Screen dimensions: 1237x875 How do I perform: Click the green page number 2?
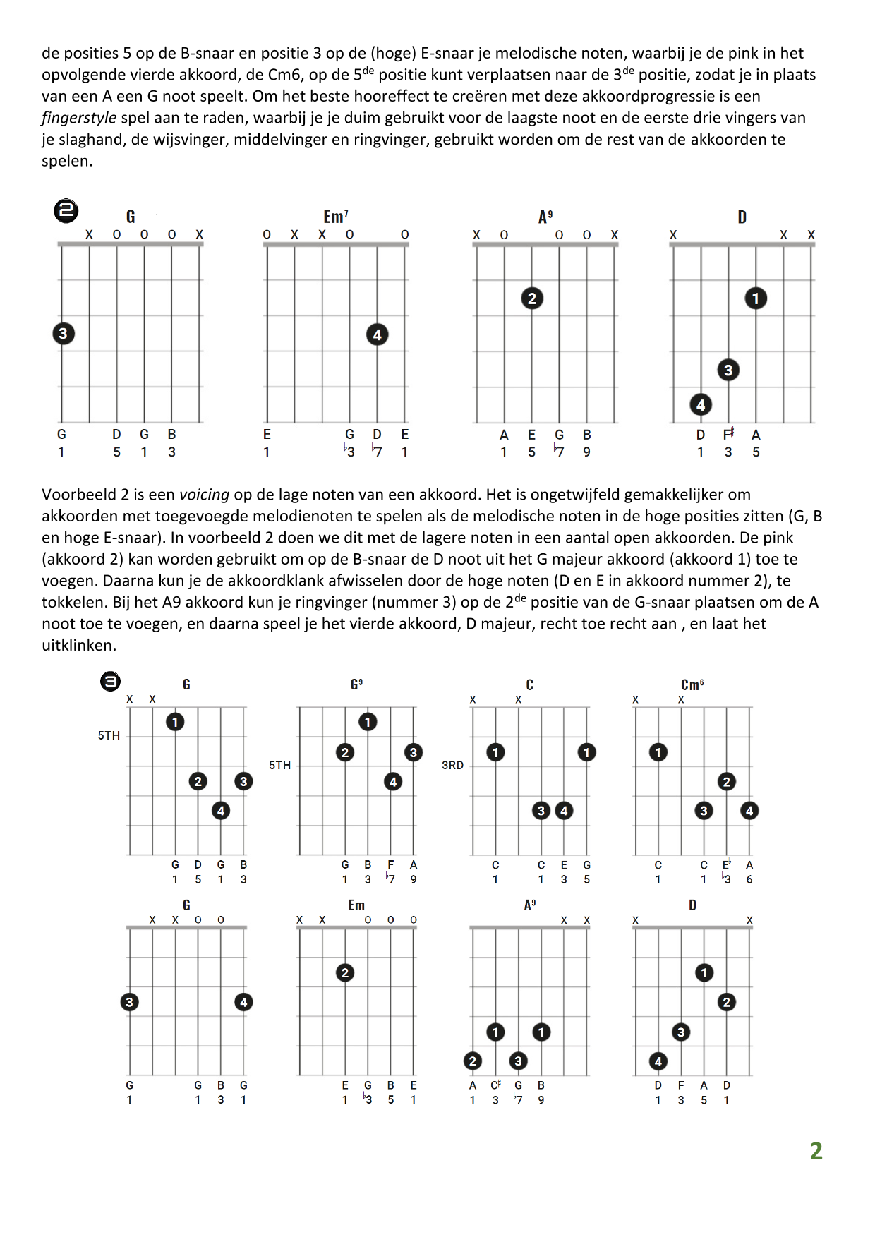[816, 1150]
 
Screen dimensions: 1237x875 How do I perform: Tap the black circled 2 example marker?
[66, 210]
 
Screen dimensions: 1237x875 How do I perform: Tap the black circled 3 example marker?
[110, 681]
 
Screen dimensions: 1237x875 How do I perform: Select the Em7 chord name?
[335, 216]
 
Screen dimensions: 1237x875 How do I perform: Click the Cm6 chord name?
[692, 684]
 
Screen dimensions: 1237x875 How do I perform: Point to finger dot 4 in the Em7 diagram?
[378, 334]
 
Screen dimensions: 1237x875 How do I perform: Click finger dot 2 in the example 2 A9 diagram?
[532, 298]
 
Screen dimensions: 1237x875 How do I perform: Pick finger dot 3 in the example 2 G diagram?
[63, 333]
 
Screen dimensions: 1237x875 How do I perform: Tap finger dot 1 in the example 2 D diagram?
[756, 298]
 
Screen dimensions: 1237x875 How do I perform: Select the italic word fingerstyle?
[79, 118]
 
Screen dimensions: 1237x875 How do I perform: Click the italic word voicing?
[204, 495]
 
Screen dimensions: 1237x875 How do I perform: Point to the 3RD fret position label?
[452, 765]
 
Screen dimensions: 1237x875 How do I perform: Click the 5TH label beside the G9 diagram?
[279, 765]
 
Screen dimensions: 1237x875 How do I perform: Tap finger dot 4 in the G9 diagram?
[393, 781]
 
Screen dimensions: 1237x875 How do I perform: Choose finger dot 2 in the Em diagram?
[345, 973]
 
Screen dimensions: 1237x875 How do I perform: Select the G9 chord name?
[356, 684]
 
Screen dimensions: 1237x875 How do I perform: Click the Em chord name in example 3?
[356, 905]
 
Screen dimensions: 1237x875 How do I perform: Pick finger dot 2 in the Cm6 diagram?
[727, 781]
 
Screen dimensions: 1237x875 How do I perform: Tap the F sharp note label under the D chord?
[729, 435]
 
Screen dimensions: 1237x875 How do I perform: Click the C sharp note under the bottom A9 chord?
[495, 1085]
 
